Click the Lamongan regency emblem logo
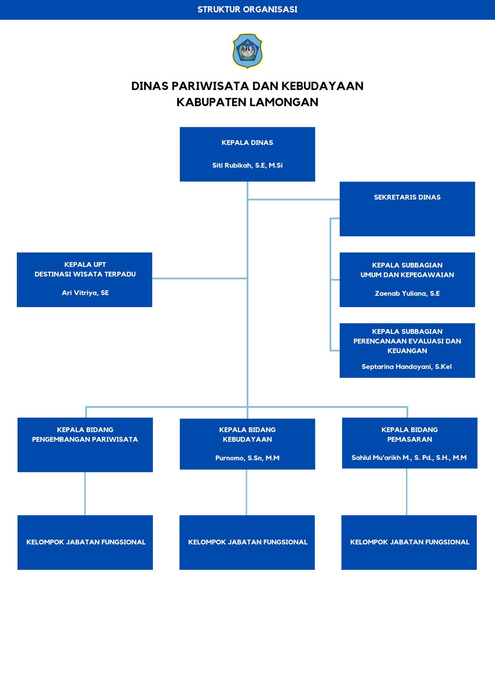coord(247,51)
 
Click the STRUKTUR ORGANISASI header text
coord(247,10)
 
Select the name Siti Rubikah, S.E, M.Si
coord(247,166)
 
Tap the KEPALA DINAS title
coord(247,143)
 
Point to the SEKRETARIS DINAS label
coord(407,197)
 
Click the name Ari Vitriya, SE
coord(85,293)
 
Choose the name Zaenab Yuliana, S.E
coord(407,294)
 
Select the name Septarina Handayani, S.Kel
coord(407,367)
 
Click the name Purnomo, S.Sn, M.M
coord(247,458)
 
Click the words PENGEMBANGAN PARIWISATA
coord(85,439)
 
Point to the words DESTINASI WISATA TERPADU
coord(85,274)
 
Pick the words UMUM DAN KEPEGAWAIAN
coord(407,275)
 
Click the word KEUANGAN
coord(407,351)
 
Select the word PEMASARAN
coord(410,439)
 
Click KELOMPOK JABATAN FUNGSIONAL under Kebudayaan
coord(248,542)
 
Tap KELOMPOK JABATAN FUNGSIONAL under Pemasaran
coord(410,542)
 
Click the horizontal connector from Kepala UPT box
coord(200,278)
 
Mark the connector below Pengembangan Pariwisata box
coord(85,494)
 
